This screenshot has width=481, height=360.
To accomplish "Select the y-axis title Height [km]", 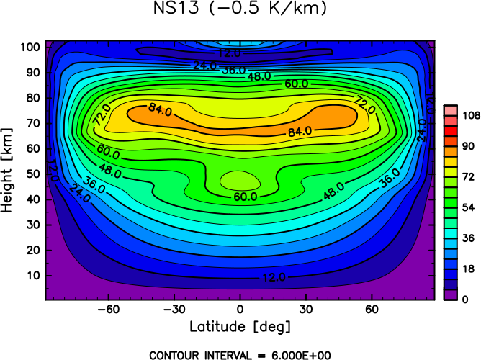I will click(9, 170).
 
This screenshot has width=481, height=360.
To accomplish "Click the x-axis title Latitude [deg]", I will click(240, 327).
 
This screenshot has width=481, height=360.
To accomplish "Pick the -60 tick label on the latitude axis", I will click(109, 310).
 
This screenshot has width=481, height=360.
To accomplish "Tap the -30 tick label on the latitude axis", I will click(174, 310).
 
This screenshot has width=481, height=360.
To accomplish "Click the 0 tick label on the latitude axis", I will click(240, 310).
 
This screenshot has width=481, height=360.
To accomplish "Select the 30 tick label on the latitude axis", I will click(306, 310).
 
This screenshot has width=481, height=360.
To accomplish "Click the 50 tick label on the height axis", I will click(33, 174).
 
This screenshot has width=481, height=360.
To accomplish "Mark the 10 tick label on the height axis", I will click(33, 275).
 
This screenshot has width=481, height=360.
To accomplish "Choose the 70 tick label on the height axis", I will click(33, 124).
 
